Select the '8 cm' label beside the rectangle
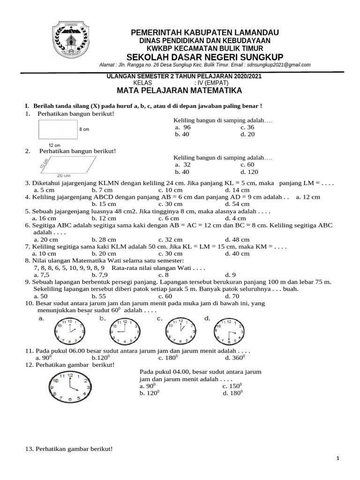84,129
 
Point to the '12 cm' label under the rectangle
55,145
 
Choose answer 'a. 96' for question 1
183,127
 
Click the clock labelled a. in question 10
68,331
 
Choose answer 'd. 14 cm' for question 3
237,190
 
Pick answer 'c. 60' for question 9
165,296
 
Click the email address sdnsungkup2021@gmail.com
279,65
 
